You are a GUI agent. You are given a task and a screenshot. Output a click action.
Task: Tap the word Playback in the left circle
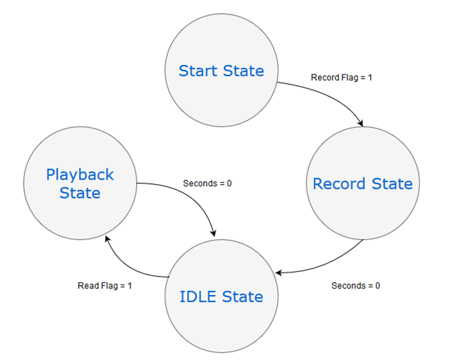(x=80, y=175)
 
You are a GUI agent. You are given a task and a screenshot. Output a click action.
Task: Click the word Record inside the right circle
(x=339, y=184)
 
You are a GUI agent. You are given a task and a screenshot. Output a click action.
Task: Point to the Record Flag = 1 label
(x=341, y=77)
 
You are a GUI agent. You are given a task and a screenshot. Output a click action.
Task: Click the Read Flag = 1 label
(x=105, y=286)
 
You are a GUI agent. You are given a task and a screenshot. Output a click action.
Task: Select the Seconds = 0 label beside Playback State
(x=207, y=183)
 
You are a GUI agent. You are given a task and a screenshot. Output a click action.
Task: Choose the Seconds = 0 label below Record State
(x=355, y=286)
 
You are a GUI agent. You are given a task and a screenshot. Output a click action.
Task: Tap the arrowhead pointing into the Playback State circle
(x=107, y=239)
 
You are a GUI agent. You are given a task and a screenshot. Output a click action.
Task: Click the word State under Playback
(x=80, y=193)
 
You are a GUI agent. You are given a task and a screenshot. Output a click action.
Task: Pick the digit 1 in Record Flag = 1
(x=370, y=77)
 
